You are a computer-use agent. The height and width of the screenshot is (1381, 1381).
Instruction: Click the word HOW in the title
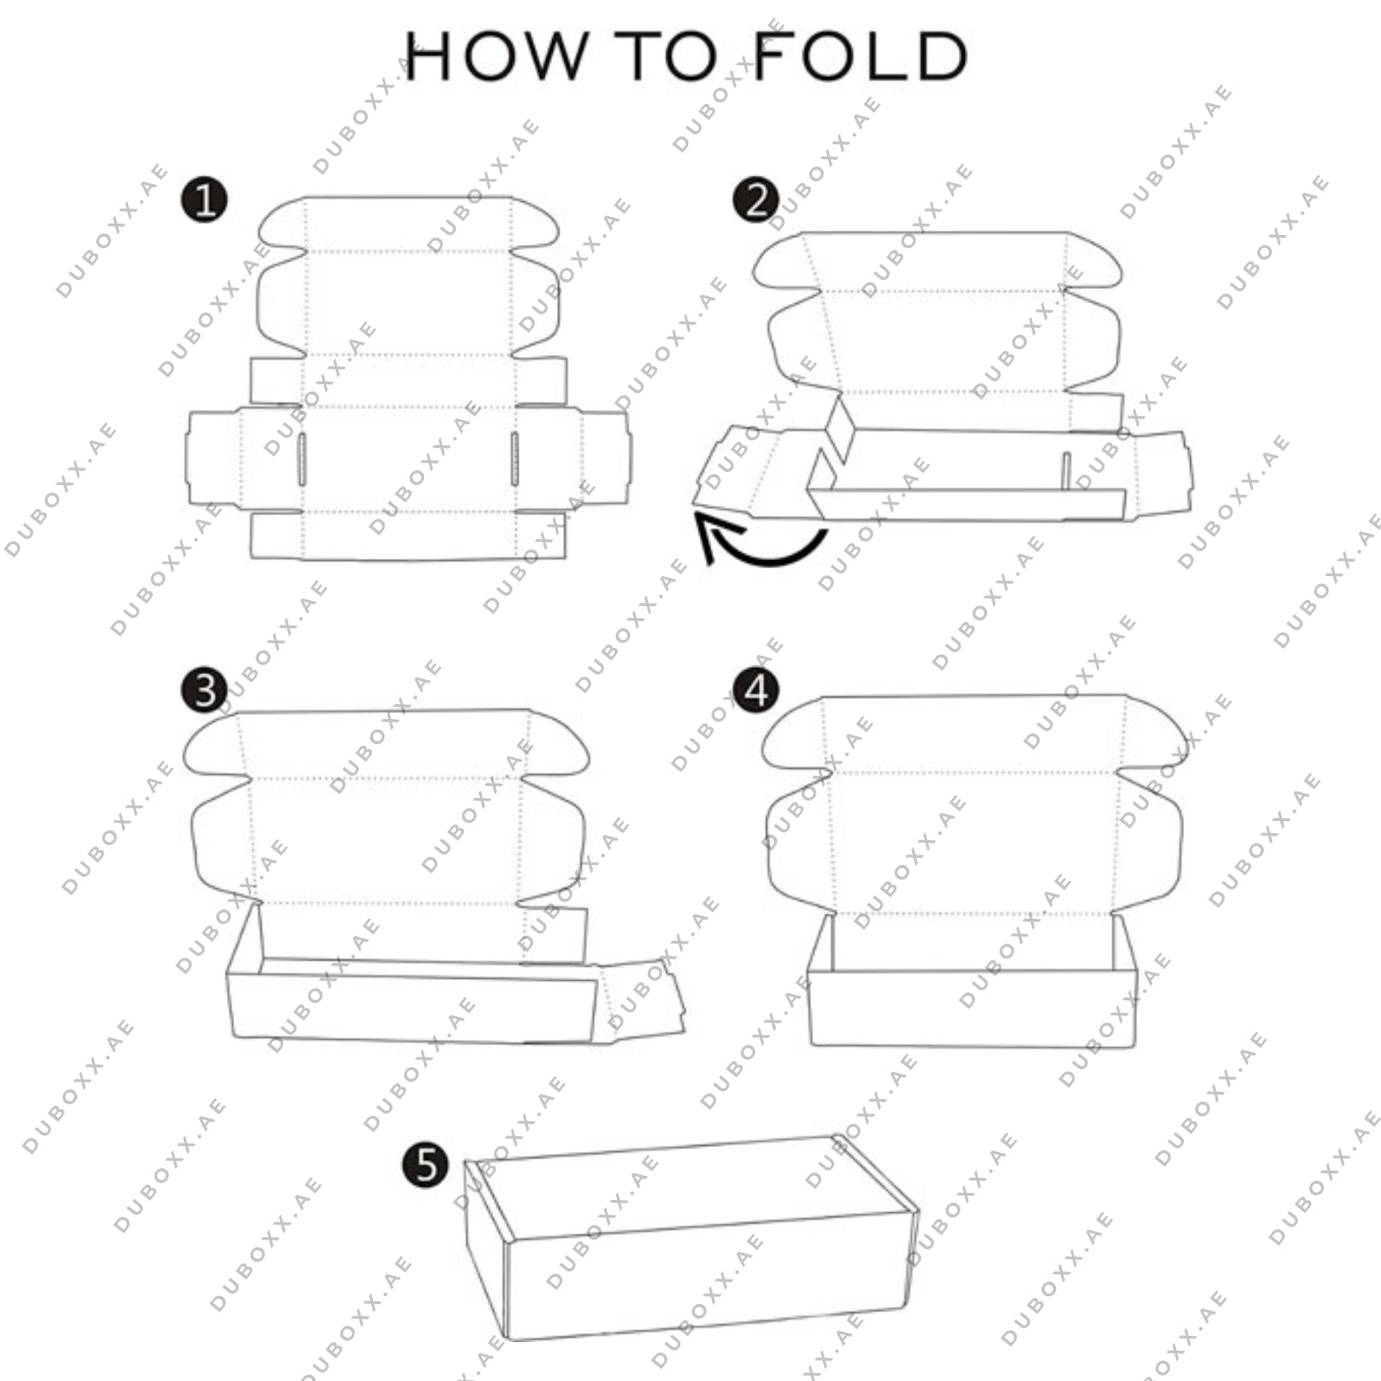pos(496,57)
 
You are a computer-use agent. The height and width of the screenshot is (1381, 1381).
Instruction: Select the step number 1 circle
pos(205,201)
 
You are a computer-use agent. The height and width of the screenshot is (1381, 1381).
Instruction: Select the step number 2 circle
pos(756,201)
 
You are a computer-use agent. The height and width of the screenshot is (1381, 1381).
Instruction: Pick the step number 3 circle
pos(205,690)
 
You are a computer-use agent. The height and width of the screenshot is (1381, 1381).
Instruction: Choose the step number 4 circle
pos(756,690)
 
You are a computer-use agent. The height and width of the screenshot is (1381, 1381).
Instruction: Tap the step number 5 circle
pos(426,1165)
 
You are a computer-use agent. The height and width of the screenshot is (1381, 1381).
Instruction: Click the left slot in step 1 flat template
pos(302,459)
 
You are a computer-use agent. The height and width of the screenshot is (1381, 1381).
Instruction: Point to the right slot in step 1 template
pos(514,459)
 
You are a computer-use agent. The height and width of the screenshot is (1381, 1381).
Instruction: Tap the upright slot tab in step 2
pos(1067,471)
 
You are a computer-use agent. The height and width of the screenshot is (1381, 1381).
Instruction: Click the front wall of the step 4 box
pos(972,1009)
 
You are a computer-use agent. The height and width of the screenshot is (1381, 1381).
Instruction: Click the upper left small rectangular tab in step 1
pos(277,380)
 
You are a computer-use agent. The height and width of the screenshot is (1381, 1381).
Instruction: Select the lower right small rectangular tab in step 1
pos(541,535)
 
